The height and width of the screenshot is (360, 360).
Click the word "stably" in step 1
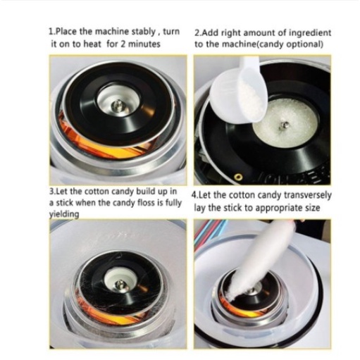pos(143,32)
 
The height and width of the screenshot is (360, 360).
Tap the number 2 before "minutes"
pos(123,44)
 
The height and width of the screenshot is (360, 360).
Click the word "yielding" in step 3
pos(64,214)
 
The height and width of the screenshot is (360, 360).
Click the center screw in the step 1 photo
pos(118,106)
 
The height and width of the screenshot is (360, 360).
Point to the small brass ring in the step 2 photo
pos(239,177)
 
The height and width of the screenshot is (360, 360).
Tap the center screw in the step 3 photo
pos(120,285)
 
